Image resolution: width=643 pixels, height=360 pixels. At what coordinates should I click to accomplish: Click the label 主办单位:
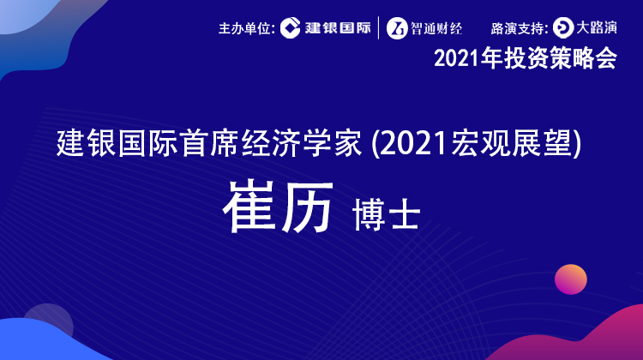click(246, 28)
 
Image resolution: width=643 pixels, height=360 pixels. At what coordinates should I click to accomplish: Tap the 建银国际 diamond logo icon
click(291, 28)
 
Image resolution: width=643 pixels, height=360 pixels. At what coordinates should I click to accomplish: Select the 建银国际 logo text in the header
click(338, 28)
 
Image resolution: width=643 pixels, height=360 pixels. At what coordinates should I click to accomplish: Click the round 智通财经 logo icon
click(397, 28)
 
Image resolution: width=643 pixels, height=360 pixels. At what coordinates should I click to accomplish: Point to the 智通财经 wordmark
click(436, 28)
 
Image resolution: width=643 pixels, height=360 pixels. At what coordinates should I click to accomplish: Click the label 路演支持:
click(520, 28)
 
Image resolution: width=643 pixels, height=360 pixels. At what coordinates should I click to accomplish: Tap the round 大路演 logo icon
click(563, 28)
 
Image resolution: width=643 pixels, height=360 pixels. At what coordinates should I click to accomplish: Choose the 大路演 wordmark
click(597, 28)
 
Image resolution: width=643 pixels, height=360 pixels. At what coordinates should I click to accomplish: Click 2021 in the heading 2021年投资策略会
click(457, 58)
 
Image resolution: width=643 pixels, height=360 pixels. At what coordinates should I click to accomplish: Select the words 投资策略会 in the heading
click(561, 58)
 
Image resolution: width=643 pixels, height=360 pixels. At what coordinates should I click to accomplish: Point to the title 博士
click(386, 215)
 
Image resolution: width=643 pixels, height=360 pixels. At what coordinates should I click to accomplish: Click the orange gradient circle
click(571, 279)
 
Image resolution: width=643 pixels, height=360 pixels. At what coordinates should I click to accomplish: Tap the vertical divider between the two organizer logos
click(378, 28)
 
